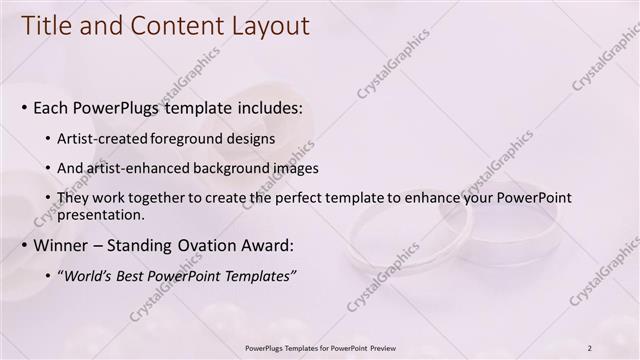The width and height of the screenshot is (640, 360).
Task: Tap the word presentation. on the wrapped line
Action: [102, 214]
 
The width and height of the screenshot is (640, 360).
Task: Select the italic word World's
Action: [90, 276]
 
